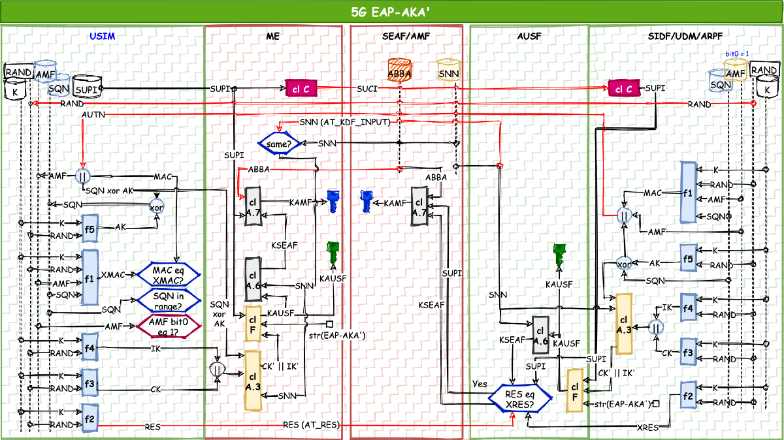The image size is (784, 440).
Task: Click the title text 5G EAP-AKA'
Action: pyautogui.click(x=392, y=12)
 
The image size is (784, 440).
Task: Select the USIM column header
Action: pyautogui.click(x=103, y=36)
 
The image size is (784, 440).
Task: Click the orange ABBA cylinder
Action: pyautogui.click(x=399, y=70)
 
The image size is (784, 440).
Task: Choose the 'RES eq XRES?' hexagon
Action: pyautogui.click(x=525, y=399)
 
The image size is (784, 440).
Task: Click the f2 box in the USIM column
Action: pyautogui.click(x=89, y=417)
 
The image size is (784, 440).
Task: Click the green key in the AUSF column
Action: pyautogui.click(x=559, y=253)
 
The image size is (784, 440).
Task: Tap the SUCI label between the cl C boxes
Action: pyautogui.click(x=366, y=88)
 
